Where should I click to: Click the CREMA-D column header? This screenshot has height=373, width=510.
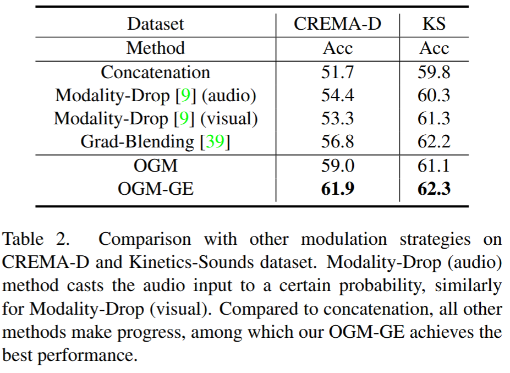click(337, 24)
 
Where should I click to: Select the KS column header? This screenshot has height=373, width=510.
click(434, 24)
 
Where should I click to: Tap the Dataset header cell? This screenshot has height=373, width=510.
click(156, 24)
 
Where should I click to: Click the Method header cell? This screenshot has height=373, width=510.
click(156, 48)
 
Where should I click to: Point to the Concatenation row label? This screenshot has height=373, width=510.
click(156, 72)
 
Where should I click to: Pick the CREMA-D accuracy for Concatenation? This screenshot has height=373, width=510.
click(337, 72)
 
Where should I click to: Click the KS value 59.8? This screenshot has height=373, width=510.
click(434, 72)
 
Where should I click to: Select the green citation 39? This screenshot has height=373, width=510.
click(215, 142)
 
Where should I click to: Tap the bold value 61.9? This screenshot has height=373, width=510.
click(337, 189)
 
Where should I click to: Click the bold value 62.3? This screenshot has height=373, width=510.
click(434, 189)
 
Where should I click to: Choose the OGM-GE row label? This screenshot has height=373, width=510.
click(156, 189)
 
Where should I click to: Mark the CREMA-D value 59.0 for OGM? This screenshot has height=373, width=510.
click(337, 166)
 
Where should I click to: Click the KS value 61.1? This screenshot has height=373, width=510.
click(434, 166)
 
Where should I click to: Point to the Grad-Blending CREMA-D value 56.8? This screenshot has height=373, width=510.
click(337, 142)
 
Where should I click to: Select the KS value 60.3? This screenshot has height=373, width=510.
click(434, 96)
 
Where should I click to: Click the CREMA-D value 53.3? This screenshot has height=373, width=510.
click(337, 119)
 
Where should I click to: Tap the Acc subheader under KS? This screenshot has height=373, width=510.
click(434, 48)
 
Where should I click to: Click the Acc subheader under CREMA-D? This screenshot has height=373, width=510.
click(337, 48)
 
